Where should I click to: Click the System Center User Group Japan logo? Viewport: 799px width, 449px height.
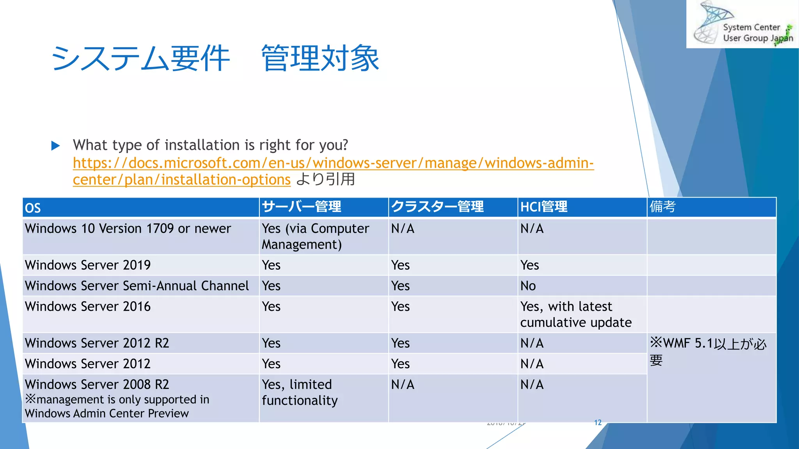point(742,24)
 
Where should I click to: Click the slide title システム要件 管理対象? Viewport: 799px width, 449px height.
point(215,58)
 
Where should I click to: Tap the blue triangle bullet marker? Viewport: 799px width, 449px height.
point(55,146)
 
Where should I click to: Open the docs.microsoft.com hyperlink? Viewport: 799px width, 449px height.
point(333,163)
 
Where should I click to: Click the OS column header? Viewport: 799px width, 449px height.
point(33,208)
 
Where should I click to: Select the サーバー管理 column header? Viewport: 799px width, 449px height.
point(302,207)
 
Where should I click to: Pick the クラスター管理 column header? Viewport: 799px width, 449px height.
point(437,207)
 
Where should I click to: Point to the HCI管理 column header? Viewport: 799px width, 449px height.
point(544,207)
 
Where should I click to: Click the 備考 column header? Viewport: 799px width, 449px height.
point(662,207)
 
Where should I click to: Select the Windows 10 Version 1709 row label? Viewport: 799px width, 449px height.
point(128,229)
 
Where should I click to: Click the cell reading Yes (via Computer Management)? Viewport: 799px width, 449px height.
point(315,237)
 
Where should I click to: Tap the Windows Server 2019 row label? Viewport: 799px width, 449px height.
point(88,265)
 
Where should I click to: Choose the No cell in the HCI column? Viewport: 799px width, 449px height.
point(528,286)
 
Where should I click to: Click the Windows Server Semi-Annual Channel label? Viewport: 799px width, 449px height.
point(137,286)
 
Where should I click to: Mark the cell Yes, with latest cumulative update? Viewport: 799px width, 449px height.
point(576,315)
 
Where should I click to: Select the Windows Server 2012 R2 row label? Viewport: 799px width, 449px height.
point(97,343)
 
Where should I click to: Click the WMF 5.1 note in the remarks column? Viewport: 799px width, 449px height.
point(708,351)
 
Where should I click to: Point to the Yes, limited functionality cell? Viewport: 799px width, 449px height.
point(300,392)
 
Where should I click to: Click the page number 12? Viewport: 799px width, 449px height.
point(598,423)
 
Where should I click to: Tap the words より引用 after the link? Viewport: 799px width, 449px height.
point(325,180)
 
